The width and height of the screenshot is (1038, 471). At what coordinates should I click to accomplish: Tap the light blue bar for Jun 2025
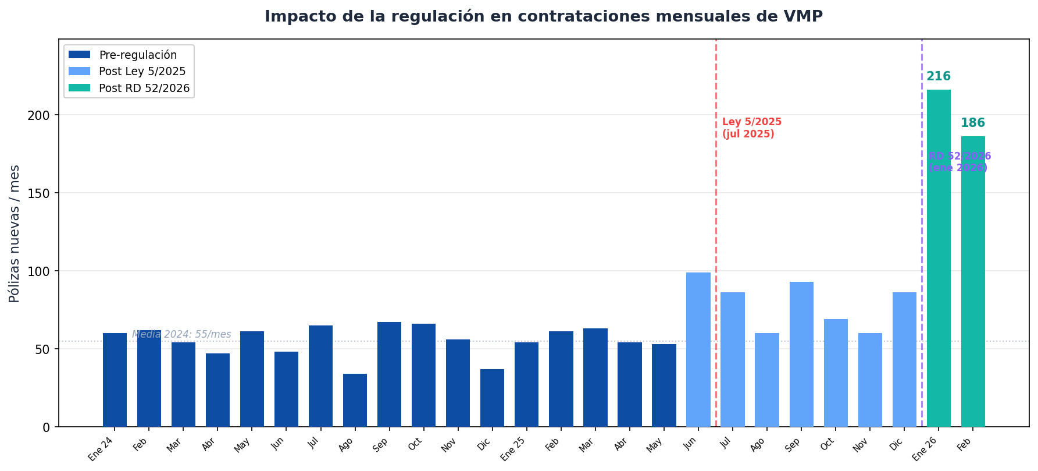pos(698,349)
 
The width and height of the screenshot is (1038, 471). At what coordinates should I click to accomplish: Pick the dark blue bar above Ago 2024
pos(355,400)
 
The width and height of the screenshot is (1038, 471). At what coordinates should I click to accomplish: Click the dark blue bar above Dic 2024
pos(492,398)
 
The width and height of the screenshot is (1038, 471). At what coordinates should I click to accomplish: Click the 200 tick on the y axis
pos(39,115)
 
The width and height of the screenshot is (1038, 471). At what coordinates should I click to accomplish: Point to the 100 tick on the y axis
pos(39,271)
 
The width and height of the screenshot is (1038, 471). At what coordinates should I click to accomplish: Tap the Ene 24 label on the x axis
pos(101,449)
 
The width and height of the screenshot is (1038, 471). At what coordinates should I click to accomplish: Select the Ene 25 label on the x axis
pos(512,449)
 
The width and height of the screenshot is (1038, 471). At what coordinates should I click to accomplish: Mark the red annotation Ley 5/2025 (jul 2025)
pos(751,128)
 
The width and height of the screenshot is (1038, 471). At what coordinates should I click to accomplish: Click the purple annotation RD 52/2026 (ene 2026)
pos(959,162)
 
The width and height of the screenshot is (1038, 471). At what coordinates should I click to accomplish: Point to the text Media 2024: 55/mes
pos(181,335)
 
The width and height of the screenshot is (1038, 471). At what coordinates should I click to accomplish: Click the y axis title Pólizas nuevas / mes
pos(15,233)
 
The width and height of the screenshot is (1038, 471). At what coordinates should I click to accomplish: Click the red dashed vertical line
pos(716,233)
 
